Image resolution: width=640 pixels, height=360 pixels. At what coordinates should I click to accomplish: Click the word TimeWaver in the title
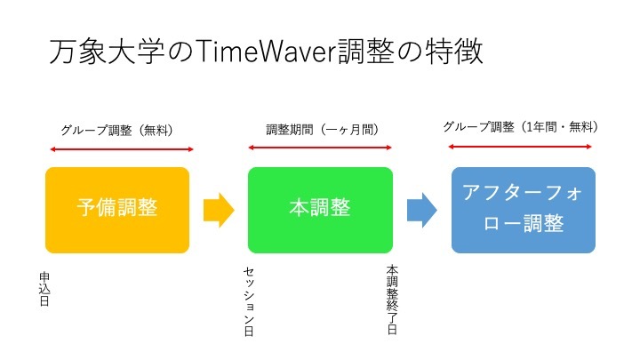tap(267, 52)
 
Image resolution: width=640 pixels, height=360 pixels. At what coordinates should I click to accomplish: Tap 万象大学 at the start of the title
tap(107, 52)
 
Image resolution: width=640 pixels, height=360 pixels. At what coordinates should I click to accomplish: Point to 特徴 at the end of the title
tap(454, 52)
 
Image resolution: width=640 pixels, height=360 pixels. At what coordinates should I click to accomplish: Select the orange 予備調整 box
tap(117, 210)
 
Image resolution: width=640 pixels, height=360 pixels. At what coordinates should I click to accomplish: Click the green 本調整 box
tap(320, 210)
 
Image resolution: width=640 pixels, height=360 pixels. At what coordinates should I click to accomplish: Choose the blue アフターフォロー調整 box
tap(524, 210)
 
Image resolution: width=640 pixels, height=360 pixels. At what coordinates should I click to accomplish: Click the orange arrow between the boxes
tap(219, 210)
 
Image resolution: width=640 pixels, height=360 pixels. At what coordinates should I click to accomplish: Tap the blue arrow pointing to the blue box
tap(422, 210)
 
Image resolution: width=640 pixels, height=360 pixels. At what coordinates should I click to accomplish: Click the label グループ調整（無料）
tap(116, 130)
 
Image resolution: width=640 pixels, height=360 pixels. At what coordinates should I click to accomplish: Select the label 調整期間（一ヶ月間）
tap(323, 130)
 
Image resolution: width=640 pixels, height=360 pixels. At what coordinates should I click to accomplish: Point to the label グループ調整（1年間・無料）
tap(521, 127)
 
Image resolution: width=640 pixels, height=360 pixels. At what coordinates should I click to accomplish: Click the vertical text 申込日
tap(44, 289)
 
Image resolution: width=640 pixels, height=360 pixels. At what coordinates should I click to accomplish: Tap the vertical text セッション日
tap(249, 301)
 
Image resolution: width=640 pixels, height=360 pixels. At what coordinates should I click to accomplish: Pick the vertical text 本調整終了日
tap(392, 300)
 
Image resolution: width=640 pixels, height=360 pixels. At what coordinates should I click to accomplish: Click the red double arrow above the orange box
tap(122, 149)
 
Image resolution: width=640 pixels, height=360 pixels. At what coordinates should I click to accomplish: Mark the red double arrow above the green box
tap(320, 148)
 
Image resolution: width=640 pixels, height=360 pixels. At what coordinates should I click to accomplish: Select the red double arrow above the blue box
tap(520, 147)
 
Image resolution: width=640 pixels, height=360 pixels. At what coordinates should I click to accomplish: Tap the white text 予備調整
tap(117, 207)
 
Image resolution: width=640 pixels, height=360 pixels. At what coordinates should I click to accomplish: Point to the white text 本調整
tap(320, 207)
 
